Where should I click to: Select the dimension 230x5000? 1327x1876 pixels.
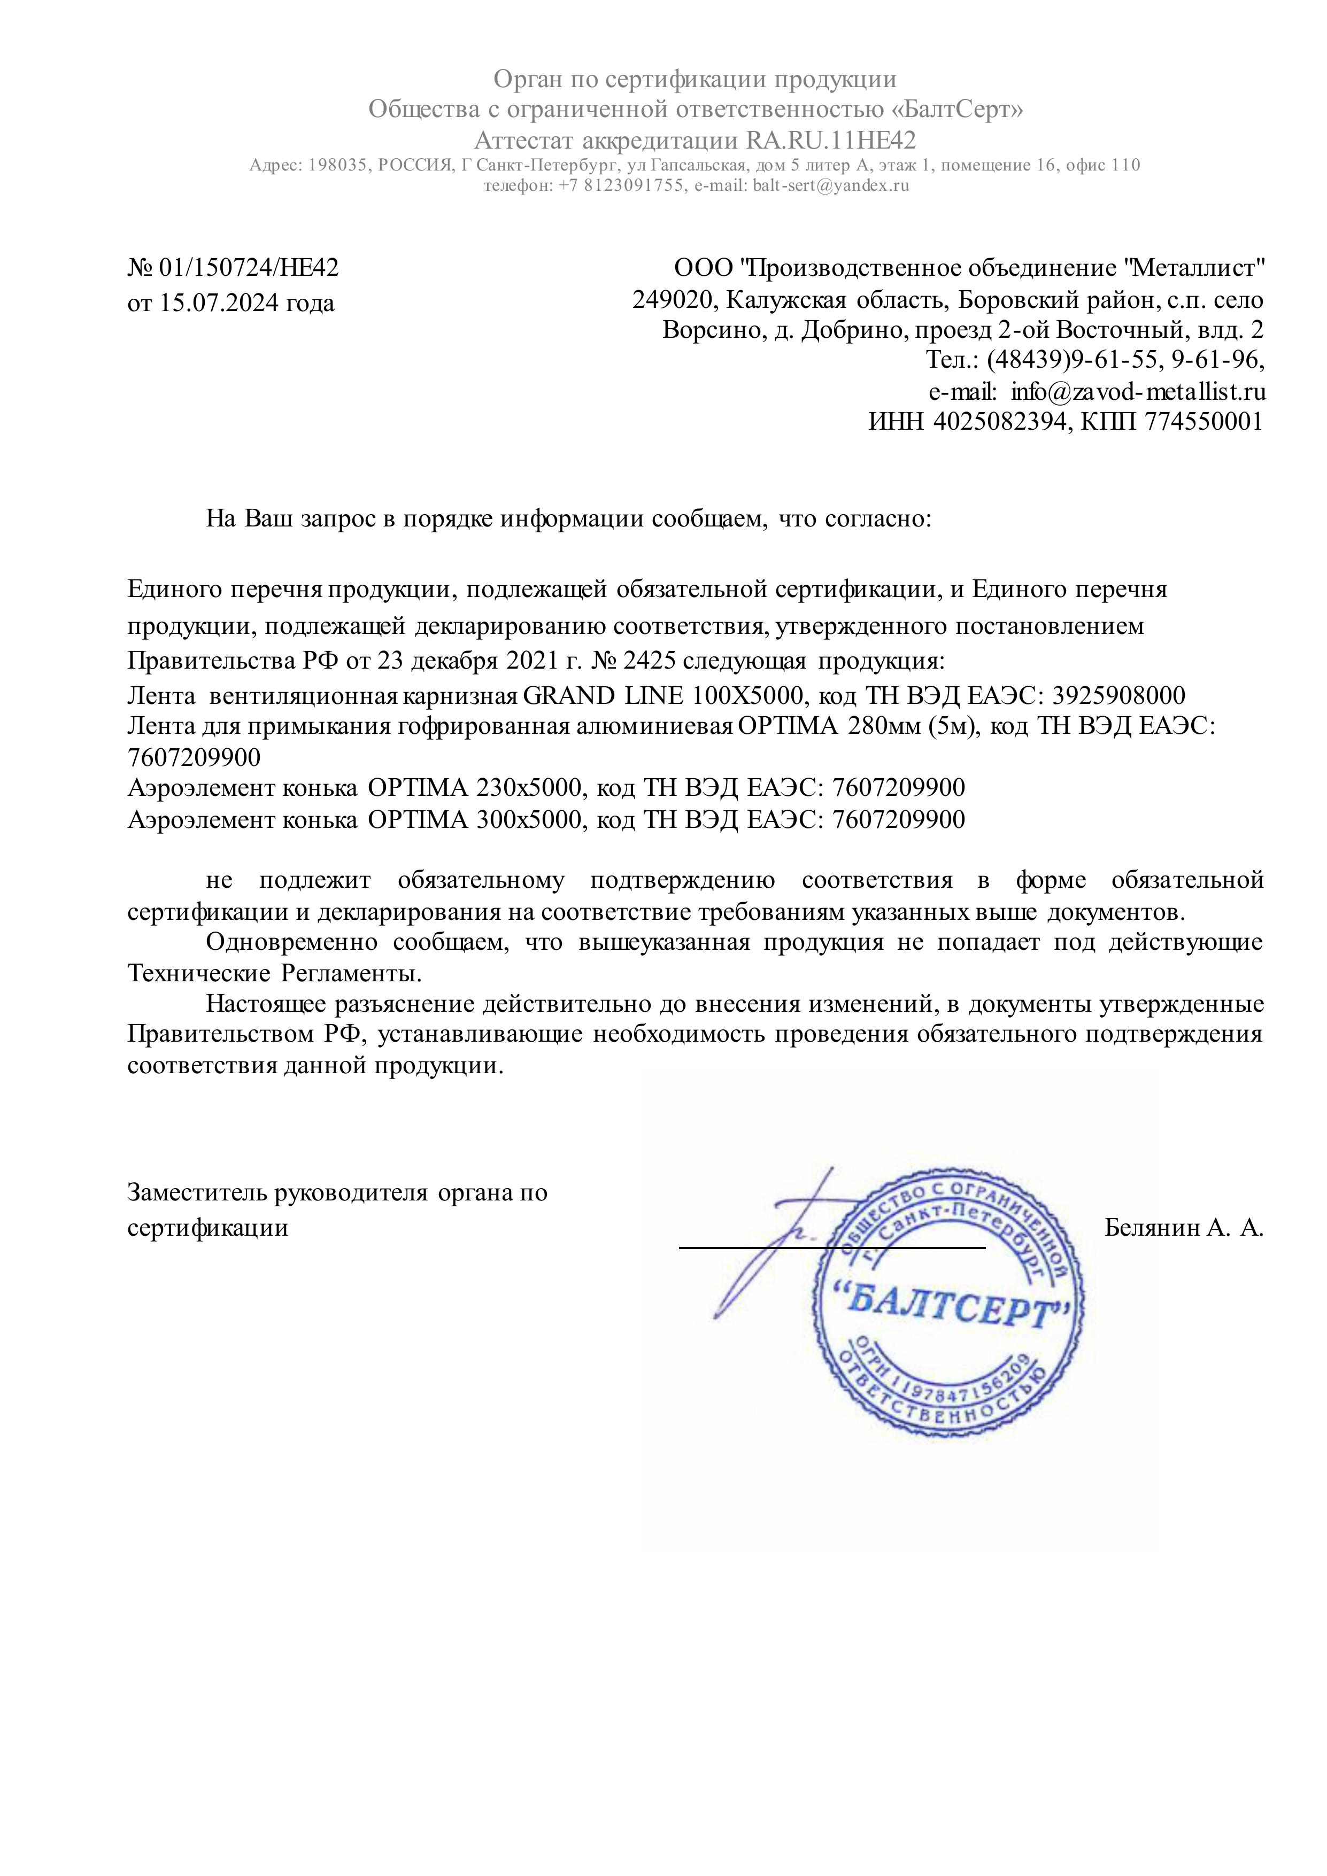[532, 788]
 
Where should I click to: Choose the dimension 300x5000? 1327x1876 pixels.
[532, 819]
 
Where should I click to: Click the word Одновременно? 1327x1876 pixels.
[292, 942]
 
